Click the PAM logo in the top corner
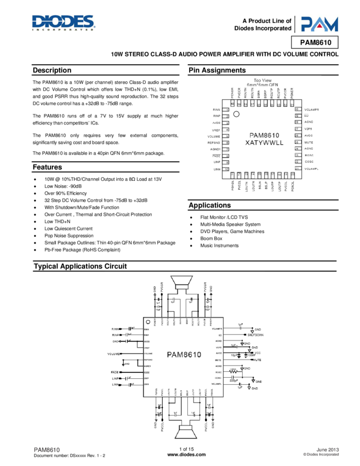(x=319, y=24)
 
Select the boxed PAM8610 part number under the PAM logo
(x=319, y=43)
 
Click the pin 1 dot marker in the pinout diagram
(x=237, y=115)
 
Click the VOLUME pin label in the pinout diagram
(x=214, y=136)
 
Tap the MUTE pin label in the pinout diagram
(x=308, y=142)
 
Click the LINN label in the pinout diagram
(x=216, y=170)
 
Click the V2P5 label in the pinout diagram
(x=308, y=129)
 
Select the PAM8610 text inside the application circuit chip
(x=185, y=354)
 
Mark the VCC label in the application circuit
(x=258, y=353)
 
